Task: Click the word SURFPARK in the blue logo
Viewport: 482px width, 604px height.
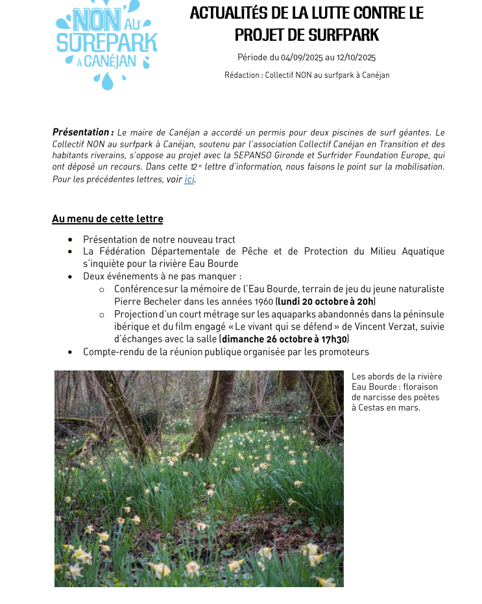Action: point(107,43)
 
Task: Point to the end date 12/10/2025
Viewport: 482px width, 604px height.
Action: point(355,58)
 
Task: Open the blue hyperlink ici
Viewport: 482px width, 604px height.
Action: point(189,179)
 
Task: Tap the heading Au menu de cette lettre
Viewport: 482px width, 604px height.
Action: point(108,219)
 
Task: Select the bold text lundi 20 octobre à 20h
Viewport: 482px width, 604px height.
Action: point(326,302)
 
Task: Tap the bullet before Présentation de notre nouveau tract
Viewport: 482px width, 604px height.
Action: point(70,240)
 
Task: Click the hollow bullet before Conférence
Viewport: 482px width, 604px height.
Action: point(102,289)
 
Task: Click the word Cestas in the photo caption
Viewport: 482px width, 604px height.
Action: point(372,407)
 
